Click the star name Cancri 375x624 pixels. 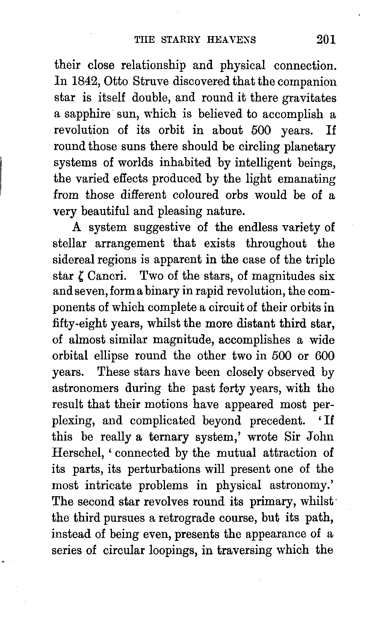tap(105, 276)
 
